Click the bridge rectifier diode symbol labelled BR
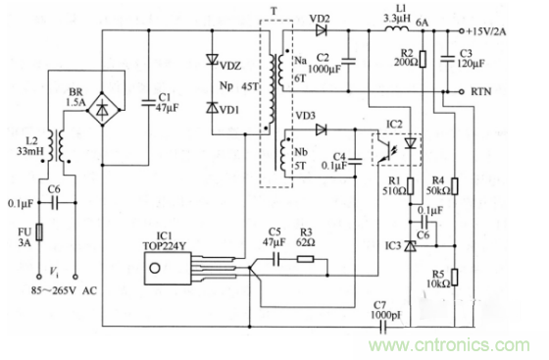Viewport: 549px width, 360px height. click(x=98, y=109)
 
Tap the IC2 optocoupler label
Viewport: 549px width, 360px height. click(x=395, y=125)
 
